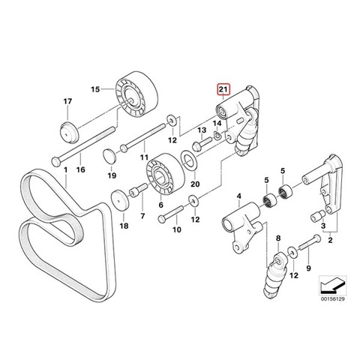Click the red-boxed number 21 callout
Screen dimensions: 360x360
(223, 89)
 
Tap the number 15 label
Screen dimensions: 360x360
(95, 89)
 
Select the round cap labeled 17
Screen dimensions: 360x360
(70, 133)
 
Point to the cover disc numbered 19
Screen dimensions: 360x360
(109, 156)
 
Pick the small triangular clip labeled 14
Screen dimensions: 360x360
(217, 136)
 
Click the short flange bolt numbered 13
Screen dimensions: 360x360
(202, 145)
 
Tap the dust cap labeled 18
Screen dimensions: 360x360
(120, 201)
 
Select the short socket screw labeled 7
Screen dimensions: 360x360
(137, 190)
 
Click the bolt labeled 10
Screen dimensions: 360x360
(171, 213)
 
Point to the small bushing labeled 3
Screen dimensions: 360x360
(317, 216)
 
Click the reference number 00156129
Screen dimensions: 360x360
(333, 299)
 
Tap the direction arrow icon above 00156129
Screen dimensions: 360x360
(333, 284)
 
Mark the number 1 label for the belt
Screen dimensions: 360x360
(66, 170)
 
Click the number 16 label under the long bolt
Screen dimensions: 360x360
(80, 169)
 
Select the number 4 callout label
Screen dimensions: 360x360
(239, 196)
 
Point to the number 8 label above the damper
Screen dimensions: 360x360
(278, 238)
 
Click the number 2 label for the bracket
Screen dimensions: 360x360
(330, 240)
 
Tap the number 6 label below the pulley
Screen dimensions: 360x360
(160, 205)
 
